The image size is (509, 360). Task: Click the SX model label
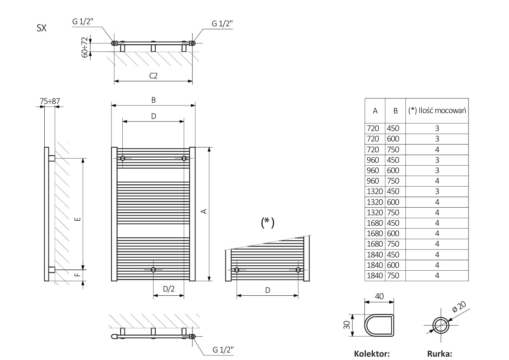pyautogui.click(x=41, y=28)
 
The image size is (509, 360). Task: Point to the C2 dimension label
pyautogui.click(x=153, y=75)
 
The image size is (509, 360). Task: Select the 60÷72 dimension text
pyautogui.click(x=85, y=47)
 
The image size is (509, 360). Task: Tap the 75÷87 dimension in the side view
pyautogui.click(x=50, y=101)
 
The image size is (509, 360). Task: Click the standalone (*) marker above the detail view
pyautogui.click(x=267, y=223)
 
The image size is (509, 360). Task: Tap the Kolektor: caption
pyautogui.click(x=372, y=354)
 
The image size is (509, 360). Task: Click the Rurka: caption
pyautogui.click(x=440, y=354)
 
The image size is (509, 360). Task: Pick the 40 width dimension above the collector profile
pyautogui.click(x=378, y=296)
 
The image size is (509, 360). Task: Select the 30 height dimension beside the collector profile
pyautogui.click(x=347, y=325)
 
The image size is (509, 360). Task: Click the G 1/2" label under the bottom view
pyautogui.click(x=223, y=350)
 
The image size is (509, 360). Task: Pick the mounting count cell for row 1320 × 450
pyautogui.click(x=437, y=191)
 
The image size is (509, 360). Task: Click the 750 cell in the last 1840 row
pyautogui.click(x=393, y=275)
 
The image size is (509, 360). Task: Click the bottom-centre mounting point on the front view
pyautogui.click(x=153, y=270)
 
